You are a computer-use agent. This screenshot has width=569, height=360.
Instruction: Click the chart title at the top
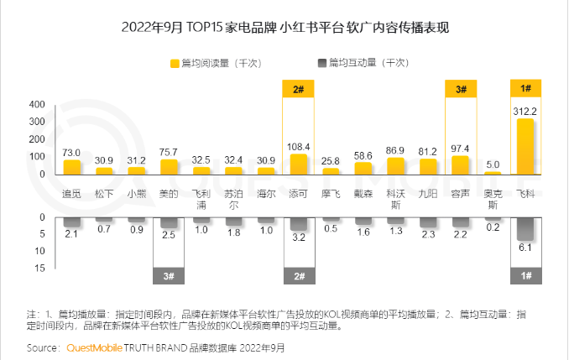(285, 28)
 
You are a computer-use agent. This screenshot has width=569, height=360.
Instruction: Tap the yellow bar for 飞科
(525, 146)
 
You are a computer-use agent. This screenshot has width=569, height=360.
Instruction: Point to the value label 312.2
(525, 111)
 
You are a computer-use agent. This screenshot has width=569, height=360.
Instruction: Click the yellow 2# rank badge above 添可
(298, 89)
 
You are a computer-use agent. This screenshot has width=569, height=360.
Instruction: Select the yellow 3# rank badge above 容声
(461, 89)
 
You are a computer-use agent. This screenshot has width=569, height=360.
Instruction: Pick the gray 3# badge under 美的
(169, 275)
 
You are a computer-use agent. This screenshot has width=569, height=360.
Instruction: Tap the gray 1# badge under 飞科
(525, 275)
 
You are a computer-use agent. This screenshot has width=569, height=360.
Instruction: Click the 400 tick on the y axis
(37, 105)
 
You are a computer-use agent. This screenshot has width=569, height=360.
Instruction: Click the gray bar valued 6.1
(525, 229)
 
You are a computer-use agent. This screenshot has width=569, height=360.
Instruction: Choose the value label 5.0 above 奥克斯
(493, 164)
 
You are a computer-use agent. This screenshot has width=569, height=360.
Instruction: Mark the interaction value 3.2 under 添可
(298, 238)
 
